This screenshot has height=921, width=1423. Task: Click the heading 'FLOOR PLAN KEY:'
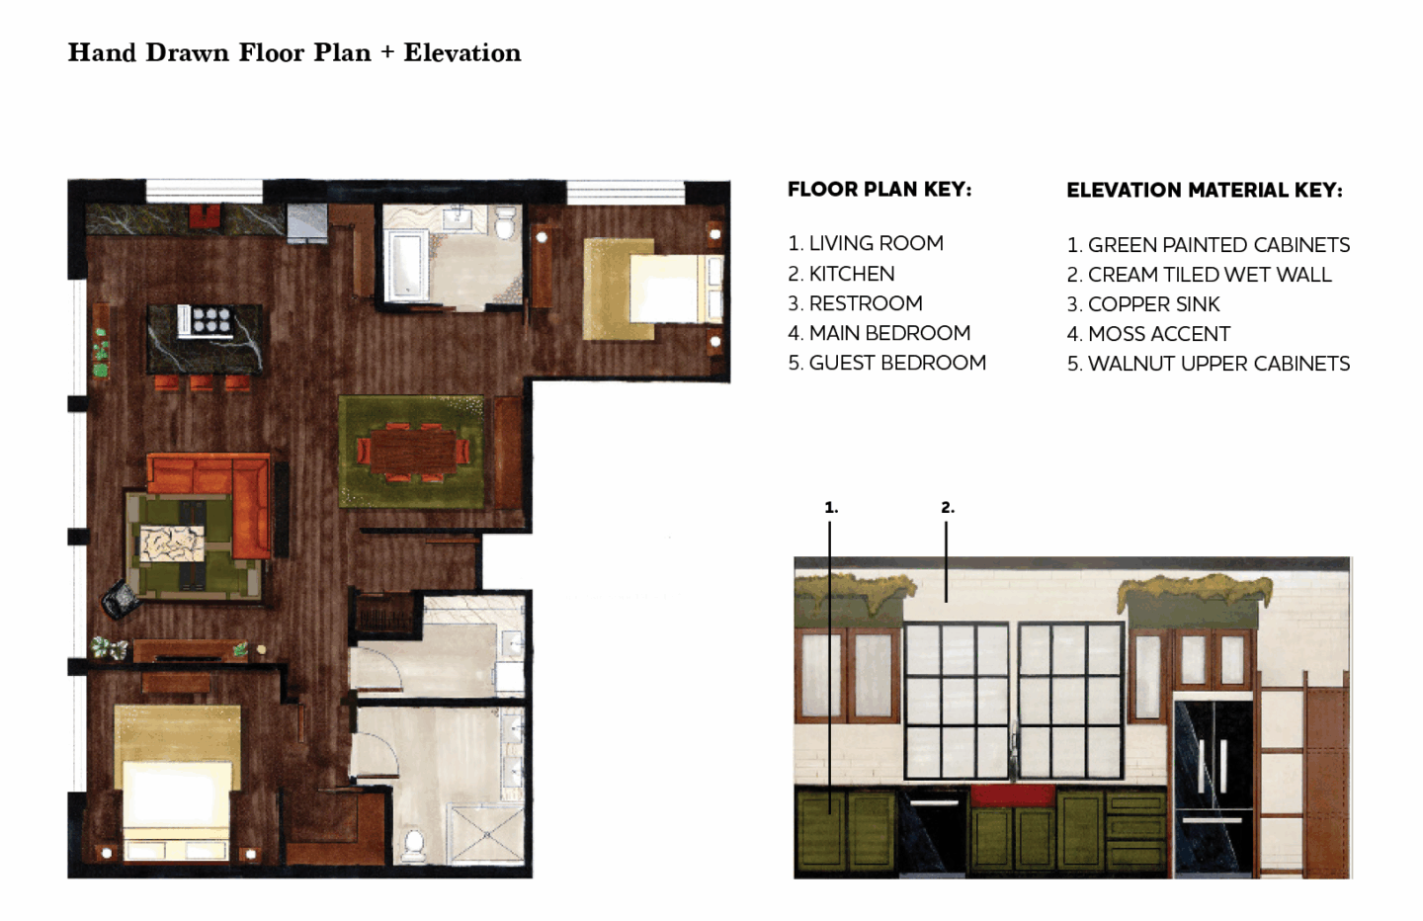[x=879, y=190]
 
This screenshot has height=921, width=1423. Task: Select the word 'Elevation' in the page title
[x=462, y=52]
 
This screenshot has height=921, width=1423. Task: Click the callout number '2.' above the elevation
[x=947, y=508]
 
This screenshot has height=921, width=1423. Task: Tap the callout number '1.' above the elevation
[x=831, y=508]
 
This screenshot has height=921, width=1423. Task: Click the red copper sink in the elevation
[x=1013, y=795]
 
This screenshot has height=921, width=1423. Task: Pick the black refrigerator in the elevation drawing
[x=1214, y=789]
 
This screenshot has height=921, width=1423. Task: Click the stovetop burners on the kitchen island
[x=211, y=319]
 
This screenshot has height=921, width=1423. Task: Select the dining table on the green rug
[x=413, y=451]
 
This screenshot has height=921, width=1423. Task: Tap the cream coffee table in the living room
[x=172, y=544]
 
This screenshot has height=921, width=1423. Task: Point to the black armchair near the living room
[x=121, y=598]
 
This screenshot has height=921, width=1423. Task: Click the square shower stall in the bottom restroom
[x=486, y=834]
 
